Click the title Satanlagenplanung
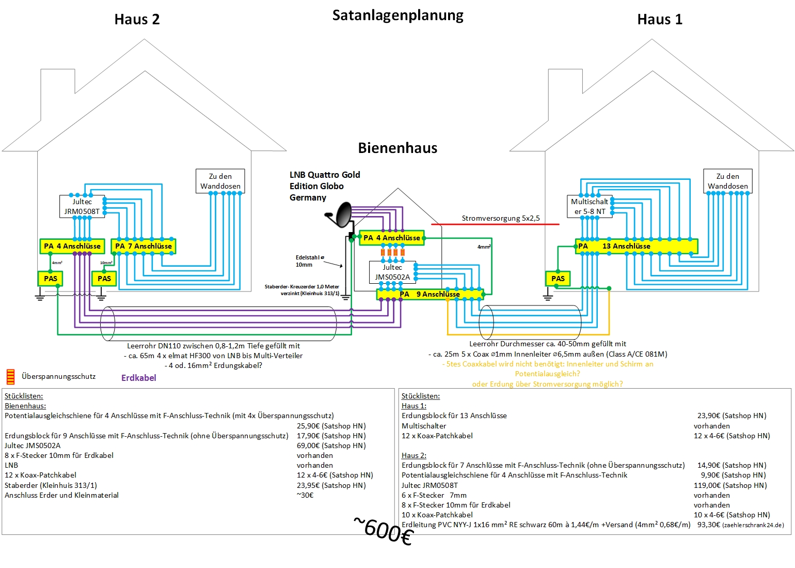[397, 16]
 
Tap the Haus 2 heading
[137, 20]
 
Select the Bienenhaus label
[397, 148]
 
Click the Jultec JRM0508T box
[82, 207]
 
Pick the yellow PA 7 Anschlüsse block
[144, 247]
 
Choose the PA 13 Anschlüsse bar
[636, 247]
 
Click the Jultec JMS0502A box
[392, 272]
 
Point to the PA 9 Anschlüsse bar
[430, 295]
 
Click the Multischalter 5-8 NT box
[589, 207]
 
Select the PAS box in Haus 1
[558, 279]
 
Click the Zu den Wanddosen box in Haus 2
[220, 181]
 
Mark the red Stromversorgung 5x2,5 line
[496, 224]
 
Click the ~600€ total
[384, 531]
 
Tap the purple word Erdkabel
[138, 378]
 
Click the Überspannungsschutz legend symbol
[10, 377]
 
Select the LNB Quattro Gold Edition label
[324, 186]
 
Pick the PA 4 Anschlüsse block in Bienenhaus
[391, 238]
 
